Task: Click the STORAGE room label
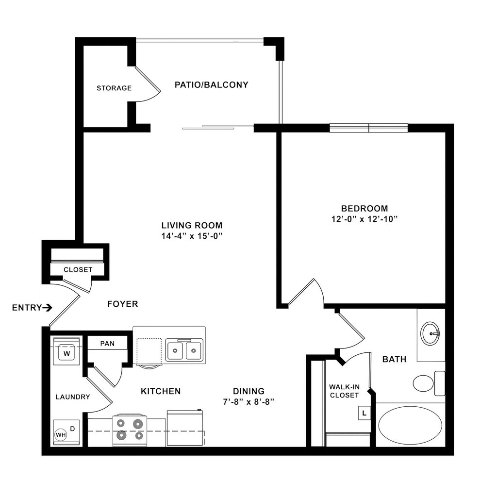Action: [114, 88]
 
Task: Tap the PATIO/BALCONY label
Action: [211, 85]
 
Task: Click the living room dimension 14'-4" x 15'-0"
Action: [192, 235]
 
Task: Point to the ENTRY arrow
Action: [47, 307]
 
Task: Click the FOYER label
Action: [122, 304]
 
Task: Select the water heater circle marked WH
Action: [61, 434]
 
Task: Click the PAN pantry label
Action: [107, 344]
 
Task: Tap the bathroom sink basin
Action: [430, 333]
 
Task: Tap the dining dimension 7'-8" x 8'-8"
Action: [248, 402]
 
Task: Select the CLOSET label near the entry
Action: [78, 269]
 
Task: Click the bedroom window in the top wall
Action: [369, 128]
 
